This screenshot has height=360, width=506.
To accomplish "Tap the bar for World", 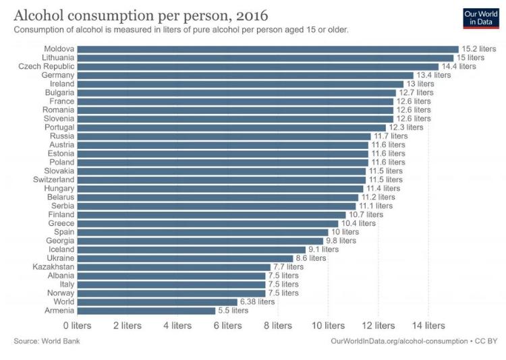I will click(157, 302).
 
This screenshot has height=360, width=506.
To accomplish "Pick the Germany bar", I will click(245, 76).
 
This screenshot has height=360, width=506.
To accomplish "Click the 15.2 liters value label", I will click(478, 49).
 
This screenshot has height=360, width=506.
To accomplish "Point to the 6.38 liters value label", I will click(258, 302).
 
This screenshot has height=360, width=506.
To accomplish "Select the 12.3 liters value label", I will click(406, 127).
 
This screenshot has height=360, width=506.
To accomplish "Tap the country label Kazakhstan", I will click(53, 267).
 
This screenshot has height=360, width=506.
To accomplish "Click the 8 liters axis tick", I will click(277, 326).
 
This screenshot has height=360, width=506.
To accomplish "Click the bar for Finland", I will click(211, 215).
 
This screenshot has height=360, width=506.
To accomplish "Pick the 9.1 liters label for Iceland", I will click(325, 249).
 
